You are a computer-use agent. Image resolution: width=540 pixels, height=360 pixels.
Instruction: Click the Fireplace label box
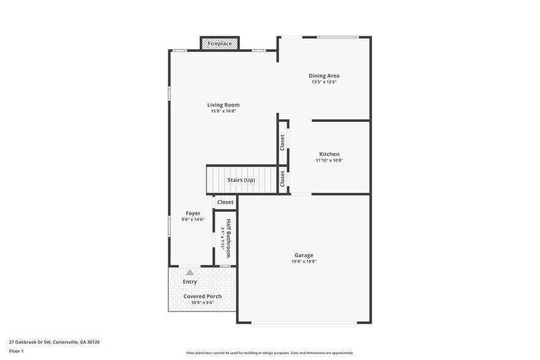(x=219, y=44)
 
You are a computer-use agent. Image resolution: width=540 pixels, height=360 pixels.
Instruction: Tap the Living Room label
(x=223, y=105)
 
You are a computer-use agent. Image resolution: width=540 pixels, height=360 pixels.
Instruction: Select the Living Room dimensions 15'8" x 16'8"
(x=223, y=111)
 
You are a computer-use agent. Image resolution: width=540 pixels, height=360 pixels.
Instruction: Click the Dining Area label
(x=324, y=76)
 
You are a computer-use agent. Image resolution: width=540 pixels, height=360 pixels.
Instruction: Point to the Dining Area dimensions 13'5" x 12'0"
(x=324, y=82)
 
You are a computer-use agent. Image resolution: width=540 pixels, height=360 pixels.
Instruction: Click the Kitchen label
(x=329, y=154)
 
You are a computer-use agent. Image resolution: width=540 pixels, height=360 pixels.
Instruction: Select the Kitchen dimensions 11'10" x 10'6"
(x=329, y=160)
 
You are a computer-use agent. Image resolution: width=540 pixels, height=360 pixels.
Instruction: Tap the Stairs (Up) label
(x=241, y=180)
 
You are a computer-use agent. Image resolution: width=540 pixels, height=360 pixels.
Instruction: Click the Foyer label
(x=193, y=213)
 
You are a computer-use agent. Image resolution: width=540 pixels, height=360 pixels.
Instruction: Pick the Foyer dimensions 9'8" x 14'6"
(x=193, y=219)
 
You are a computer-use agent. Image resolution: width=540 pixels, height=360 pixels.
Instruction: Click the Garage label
(x=304, y=255)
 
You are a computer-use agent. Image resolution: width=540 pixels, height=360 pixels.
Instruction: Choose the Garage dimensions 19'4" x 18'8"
(x=304, y=261)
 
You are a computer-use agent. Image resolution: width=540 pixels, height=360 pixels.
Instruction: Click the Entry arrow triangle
(x=190, y=272)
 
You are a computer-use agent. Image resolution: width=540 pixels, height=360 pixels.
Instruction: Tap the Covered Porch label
(x=203, y=296)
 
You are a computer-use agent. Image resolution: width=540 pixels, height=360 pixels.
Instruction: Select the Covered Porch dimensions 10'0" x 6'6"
(x=203, y=302)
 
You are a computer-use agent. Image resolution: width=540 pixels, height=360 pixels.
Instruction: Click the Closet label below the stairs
(x=225, y=202)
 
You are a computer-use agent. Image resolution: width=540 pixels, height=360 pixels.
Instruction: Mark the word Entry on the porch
(x=190, y=282)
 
